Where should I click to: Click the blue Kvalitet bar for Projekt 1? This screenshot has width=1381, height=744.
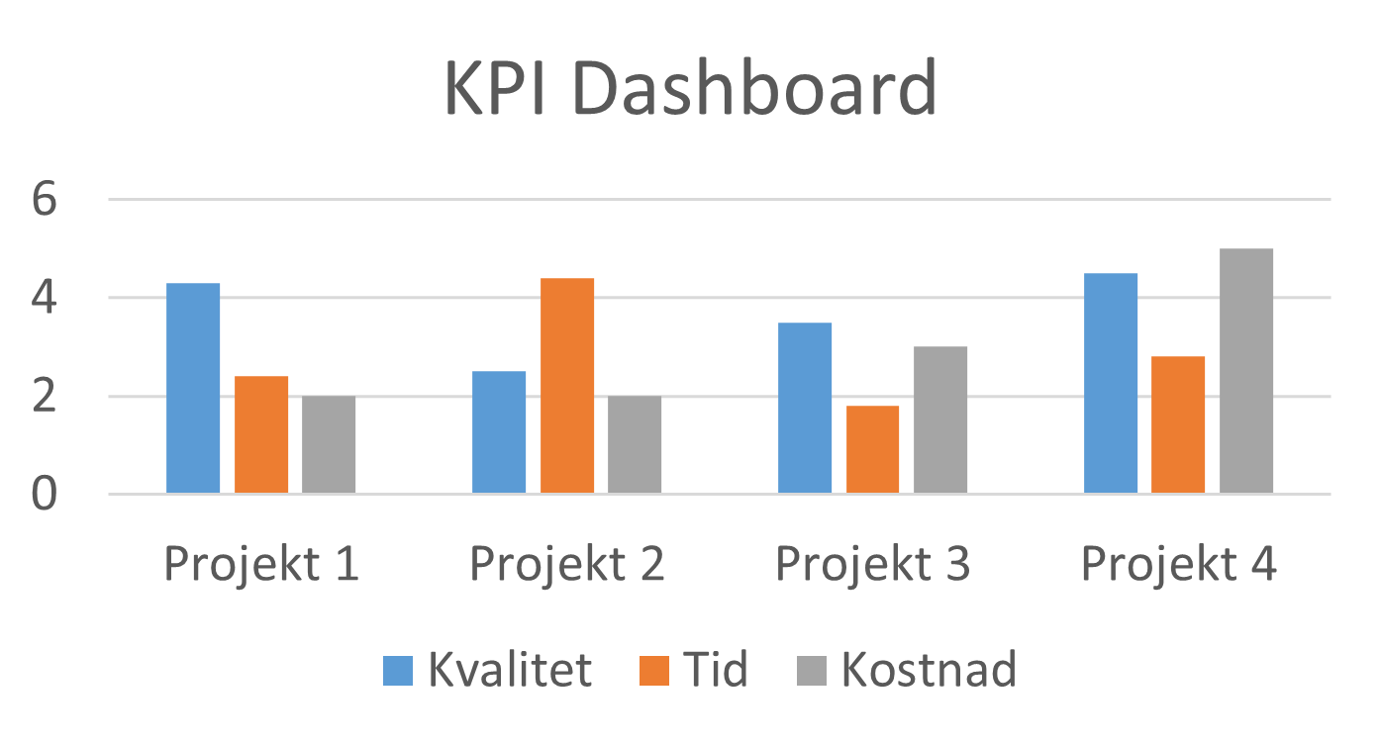click(193, 388)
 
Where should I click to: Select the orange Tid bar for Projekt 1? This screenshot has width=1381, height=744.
click(261, 434)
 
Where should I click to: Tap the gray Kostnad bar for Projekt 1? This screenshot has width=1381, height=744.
click(329, 444)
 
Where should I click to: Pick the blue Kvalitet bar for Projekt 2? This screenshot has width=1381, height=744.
click(499, 432)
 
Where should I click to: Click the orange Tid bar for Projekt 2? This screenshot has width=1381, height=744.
click(567, 386)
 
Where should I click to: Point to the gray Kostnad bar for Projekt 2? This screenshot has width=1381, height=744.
click(635, 444)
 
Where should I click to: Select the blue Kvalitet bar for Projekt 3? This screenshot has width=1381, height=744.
click(805, 408)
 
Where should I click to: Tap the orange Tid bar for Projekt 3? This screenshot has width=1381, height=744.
click(873, 449)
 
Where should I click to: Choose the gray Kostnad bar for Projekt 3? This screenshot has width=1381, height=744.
click(940, 419)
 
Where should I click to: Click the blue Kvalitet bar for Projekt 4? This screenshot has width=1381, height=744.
click(1111, 383)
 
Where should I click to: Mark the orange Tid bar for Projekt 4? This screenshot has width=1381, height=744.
click(1179, 424)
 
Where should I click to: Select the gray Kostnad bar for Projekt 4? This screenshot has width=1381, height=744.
click(1246, 371)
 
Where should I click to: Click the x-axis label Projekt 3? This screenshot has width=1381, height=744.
click(872, 565)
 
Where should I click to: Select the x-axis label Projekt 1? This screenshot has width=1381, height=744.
click(260, 565)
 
